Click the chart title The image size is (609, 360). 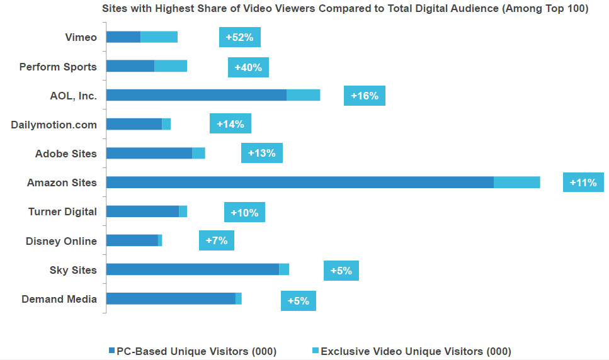(345, 10)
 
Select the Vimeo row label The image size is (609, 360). (81, 37)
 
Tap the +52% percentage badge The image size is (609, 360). (239, 37)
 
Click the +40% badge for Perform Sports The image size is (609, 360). (248, 67)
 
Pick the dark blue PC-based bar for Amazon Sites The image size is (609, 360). (299, 183)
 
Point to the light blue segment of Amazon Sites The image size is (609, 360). (516, 183)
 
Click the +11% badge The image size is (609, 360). (583, 183)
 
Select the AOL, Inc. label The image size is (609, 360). (73, 96)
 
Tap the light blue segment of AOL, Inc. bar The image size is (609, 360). (303, 95)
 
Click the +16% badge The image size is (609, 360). (365, 96)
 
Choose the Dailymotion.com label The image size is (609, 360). (54, 125)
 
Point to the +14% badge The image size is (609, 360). (231, 124)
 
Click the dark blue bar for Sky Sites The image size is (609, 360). (192, 269)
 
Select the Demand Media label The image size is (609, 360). (59, 299)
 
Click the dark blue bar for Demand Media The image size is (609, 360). (170, 299)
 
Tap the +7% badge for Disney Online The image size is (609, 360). (217, 240)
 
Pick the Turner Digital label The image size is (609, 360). (62, 211)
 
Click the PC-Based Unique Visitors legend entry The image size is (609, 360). (192, 351)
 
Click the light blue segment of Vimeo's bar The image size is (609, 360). (159, 37)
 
